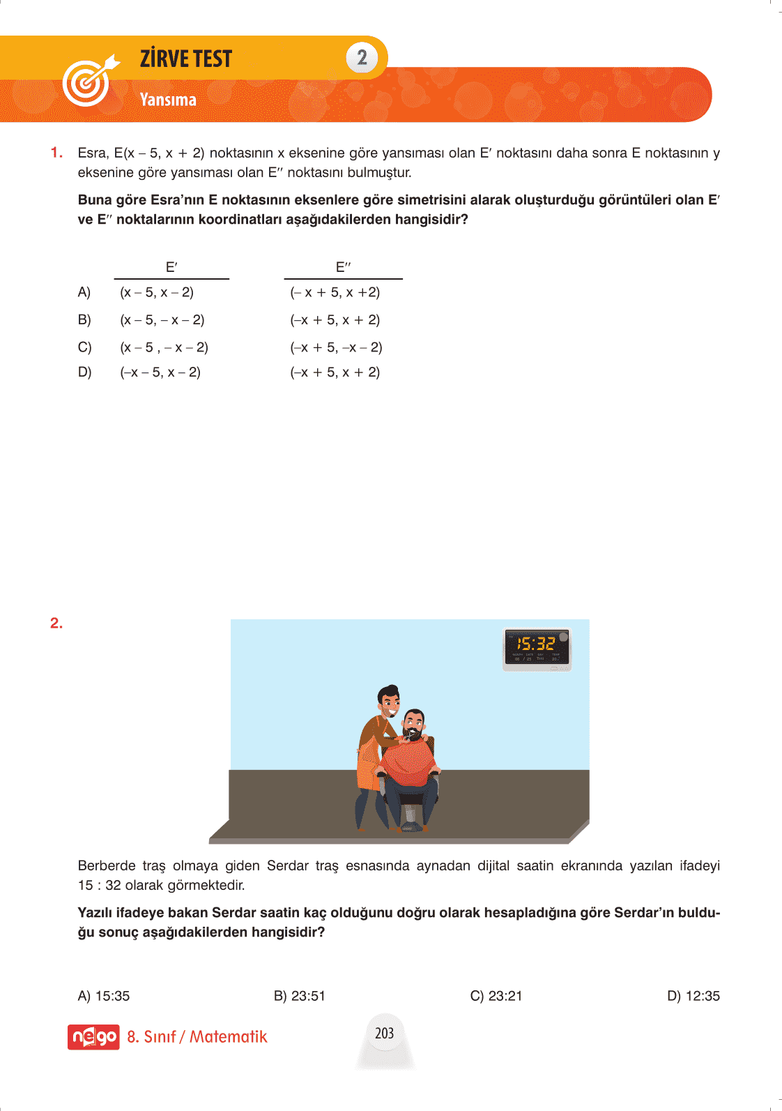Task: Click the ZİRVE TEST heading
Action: point(185,59)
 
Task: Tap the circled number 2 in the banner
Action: point(362,57)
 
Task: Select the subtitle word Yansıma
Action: point(168,100)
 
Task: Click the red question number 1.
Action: point(56,153)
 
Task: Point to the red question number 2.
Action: point(56,623)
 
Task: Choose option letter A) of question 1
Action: point(84,292)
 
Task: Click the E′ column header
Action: point(171,267)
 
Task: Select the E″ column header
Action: point(343,267)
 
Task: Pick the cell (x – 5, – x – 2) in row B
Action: point(162,320)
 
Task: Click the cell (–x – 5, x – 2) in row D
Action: point(160,372)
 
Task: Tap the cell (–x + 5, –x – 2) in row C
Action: point(336,347)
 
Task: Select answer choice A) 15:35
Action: point(104,996)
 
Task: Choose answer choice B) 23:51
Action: point(300,996)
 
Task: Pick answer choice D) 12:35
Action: point(693,996)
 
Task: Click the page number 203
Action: point(385,1033)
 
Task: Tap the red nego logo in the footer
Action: point(93,1037)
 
